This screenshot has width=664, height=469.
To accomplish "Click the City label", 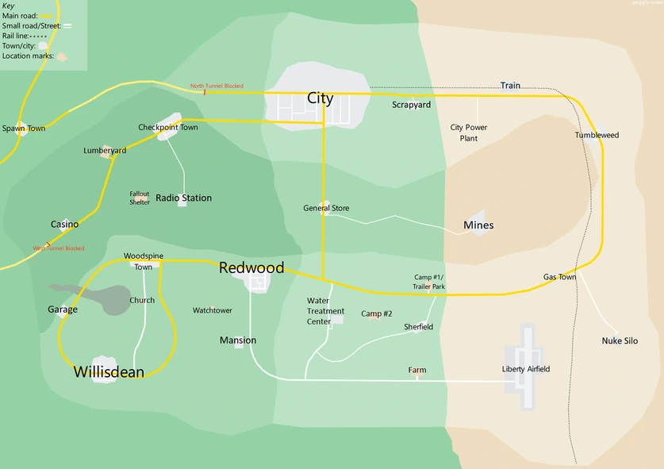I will (x=320, y=98).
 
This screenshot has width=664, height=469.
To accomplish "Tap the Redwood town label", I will (x=251, y=268).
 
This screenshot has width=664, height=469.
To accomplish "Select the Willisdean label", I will (x=109, y=371).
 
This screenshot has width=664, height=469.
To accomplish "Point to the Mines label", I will (x=478, y=225).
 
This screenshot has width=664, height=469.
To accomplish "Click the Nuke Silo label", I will (x=620, y=341).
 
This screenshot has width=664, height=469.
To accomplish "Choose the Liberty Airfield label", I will (x=525, y=369).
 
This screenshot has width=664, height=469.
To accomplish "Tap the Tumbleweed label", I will (x=597, y=136).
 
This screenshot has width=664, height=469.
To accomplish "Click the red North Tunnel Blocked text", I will (x=217, y=86).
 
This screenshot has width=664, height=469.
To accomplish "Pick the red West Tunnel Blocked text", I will (x=59, y=248).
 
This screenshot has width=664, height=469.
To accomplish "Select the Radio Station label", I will (x=183, y=198).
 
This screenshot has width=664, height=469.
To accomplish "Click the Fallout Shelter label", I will (x=140, y=198).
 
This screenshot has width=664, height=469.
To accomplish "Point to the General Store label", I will (x=326, y=209).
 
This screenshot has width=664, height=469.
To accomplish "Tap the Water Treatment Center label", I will (x=324, y=311).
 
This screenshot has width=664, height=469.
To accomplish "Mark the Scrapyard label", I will (x=411, y=105).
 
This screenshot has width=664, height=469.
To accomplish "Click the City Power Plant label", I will (x=469, y=133).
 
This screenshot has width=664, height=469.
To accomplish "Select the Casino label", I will (x=64, y=225).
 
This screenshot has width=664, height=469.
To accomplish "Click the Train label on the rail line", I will (x=510, y=86).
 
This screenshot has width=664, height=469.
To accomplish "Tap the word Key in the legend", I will (x=8, y=6).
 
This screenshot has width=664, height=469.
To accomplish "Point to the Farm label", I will (x=417, y=371).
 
